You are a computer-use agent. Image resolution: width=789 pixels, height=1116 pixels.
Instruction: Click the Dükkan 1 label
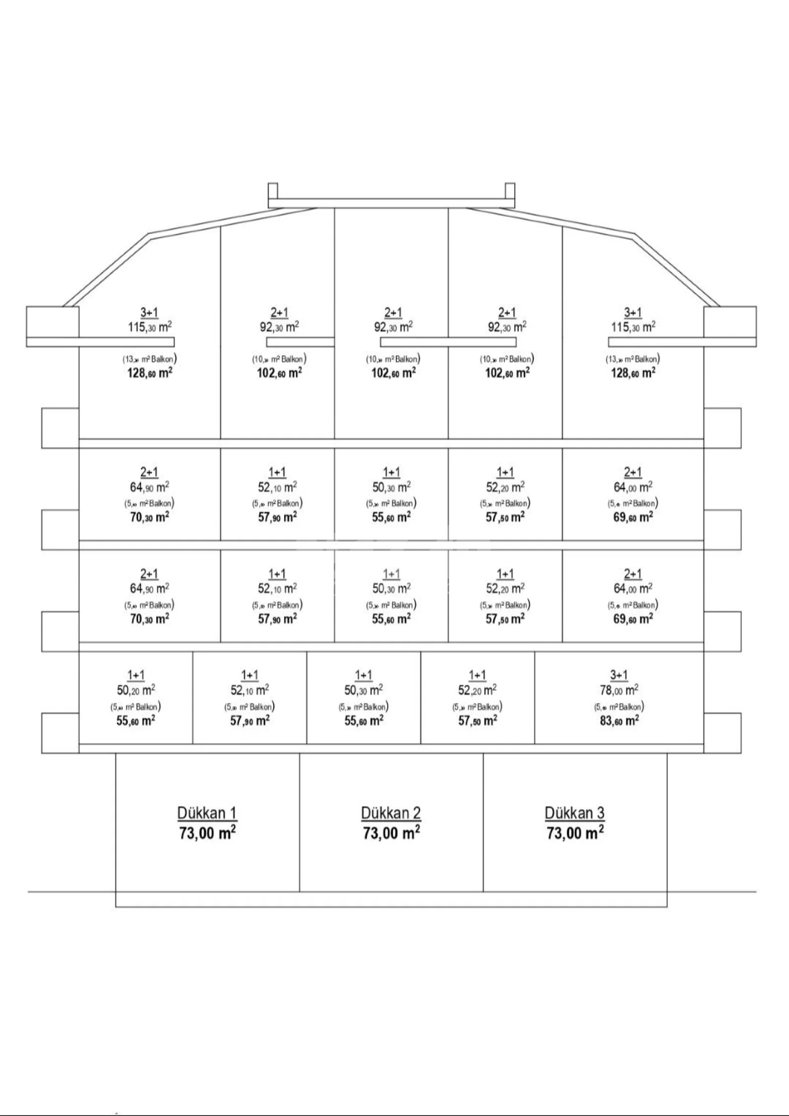pos(207,813)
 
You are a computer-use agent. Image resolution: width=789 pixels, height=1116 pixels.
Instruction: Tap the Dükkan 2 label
pos(391,813)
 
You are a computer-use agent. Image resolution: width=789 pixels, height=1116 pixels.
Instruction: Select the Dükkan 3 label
pos(574,813)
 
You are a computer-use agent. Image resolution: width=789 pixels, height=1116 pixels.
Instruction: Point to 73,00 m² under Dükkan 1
pos(207,833)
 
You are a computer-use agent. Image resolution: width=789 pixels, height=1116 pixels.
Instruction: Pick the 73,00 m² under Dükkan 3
pos(575,833)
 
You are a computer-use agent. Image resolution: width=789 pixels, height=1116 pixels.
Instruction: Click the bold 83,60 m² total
pos(619,721)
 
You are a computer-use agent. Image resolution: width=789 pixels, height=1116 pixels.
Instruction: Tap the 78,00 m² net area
pos(619,690)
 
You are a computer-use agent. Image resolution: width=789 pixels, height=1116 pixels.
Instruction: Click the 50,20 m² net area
pos(136,690)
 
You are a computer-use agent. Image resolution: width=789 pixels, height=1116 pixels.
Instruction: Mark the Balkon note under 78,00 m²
pos(619,707)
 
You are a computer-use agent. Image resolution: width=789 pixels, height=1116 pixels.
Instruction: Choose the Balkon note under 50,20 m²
pos(136,707)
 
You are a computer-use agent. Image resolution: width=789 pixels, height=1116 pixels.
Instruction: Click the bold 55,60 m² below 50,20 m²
pos(136,721)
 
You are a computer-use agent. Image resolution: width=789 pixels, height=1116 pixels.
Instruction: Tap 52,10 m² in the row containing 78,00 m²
pos(250,690)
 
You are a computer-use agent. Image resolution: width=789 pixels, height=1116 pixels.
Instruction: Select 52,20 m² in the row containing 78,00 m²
pos(477,690)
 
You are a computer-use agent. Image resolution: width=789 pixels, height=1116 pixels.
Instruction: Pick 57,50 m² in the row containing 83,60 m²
pos(477,721)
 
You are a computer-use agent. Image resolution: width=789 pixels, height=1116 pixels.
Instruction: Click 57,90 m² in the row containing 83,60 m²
pos(250,721)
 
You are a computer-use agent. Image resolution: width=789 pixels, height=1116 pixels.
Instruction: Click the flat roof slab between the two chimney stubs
pos(392,203)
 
